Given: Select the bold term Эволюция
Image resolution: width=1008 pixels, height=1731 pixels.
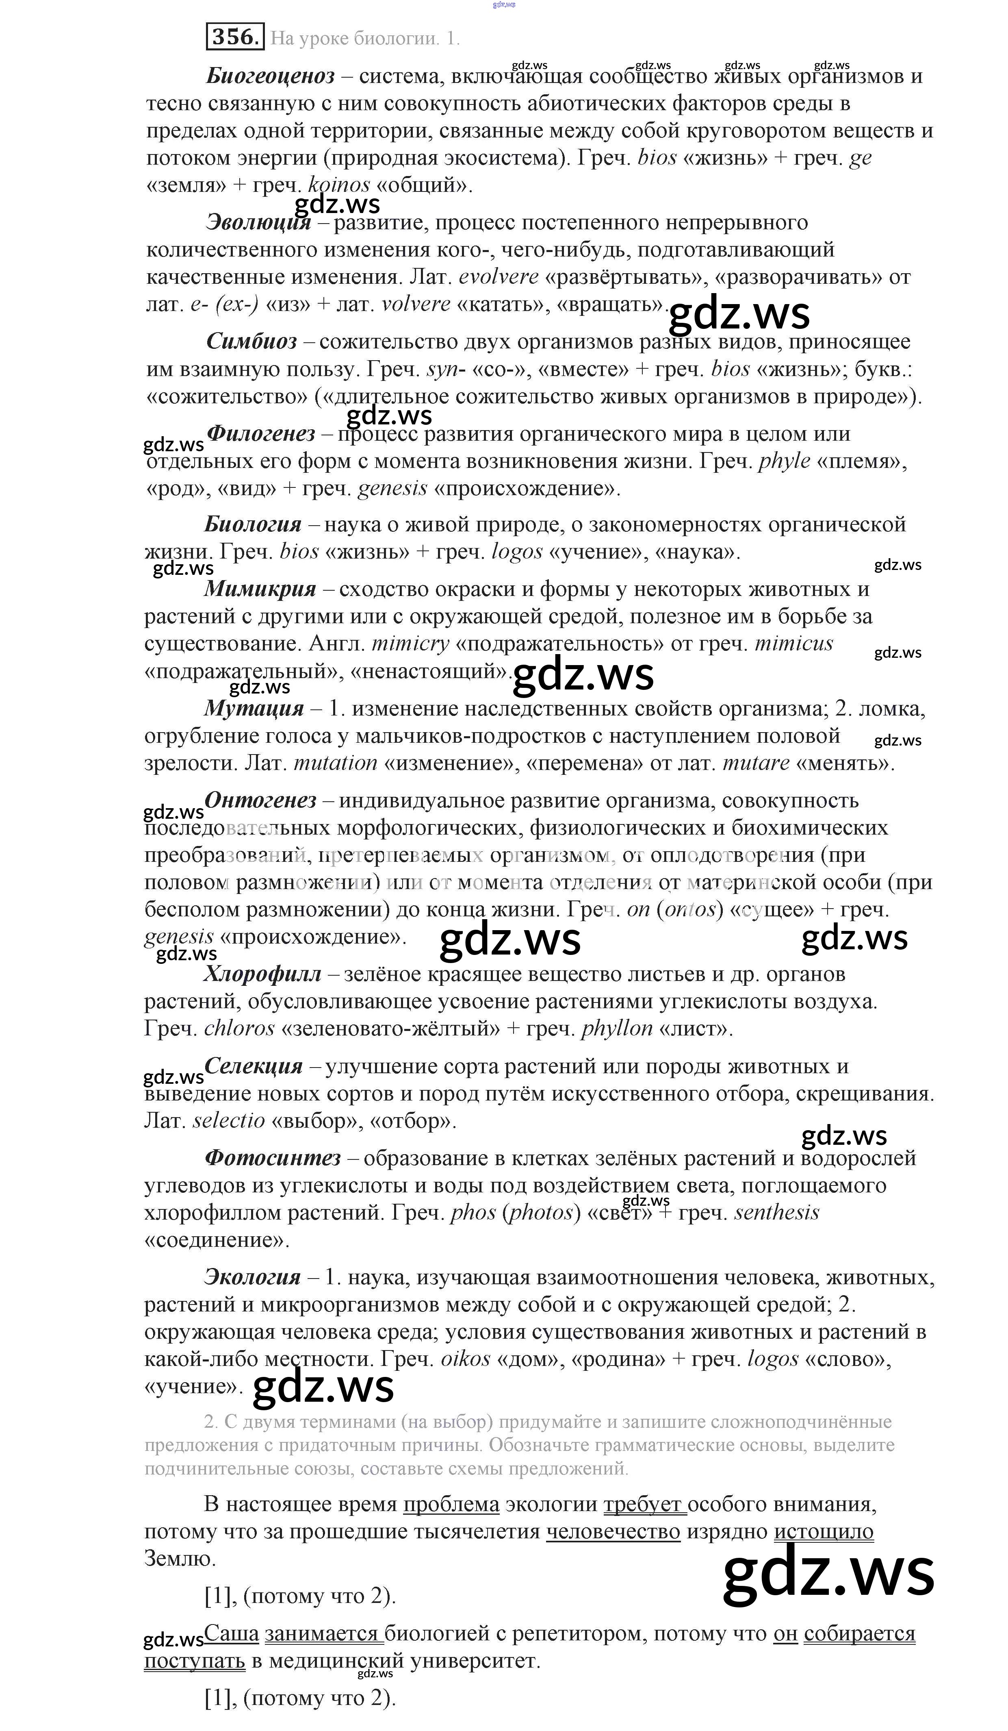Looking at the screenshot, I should [x=258, y=222].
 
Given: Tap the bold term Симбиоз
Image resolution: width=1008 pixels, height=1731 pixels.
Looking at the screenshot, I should [x=251, y=341].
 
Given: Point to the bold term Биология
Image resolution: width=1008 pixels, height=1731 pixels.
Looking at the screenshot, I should [x=253, y=524].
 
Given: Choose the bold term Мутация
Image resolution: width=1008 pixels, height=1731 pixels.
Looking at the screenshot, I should [x=254, y=708].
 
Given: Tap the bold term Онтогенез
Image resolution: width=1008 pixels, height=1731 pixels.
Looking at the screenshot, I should [x=260, y=800].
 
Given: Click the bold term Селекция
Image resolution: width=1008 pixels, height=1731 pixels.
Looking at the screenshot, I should [x=254, y=1066].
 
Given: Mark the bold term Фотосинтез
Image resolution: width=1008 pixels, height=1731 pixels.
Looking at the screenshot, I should [x=273, y=1158].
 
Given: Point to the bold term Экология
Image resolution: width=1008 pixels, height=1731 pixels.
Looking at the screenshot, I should [x=253, y=1277].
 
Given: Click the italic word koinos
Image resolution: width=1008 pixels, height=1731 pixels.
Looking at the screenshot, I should [x=339, y=185].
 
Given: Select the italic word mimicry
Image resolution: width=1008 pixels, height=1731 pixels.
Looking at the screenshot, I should [x=410, y=644].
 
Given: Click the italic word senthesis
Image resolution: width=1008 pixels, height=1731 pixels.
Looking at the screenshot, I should [x=776, y=1212].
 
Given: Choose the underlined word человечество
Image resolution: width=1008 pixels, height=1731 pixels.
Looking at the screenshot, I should [x=613, y=1532].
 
